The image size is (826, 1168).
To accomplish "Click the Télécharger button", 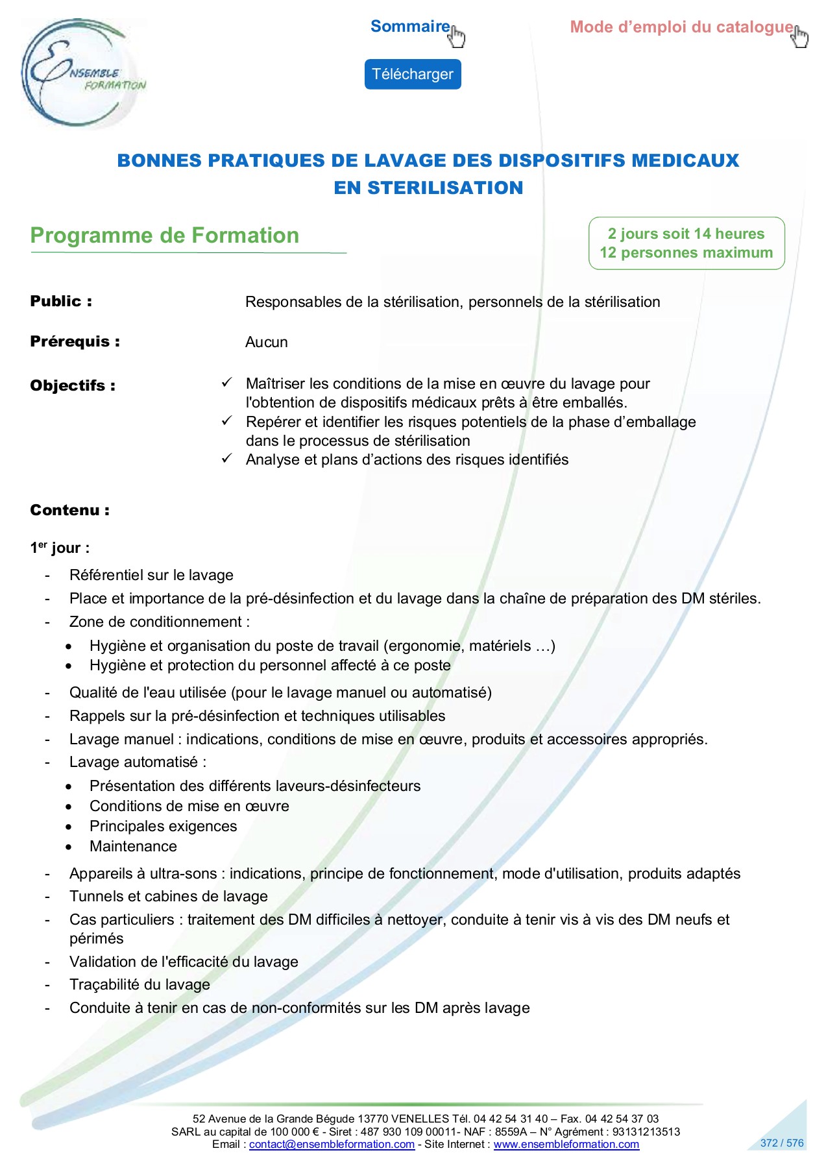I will coord(412,75).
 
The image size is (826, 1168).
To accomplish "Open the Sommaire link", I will coord(410,27).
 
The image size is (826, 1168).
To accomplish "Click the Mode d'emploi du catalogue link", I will coord(681,27).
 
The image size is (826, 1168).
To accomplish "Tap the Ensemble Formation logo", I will coord(82,73).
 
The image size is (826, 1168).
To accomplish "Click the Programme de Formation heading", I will coord(165,236).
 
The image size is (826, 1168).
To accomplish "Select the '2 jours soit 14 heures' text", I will coord(686,234).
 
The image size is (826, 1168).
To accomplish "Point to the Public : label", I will coord(61,301).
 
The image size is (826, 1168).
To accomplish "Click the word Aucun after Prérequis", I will coord(266,342).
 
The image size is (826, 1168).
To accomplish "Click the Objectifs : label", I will coord(73,385).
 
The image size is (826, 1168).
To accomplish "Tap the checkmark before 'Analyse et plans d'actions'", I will coord(226,458).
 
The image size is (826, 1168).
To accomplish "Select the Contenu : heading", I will coord(69,510).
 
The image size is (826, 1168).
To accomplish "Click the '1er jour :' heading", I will coord(60,548).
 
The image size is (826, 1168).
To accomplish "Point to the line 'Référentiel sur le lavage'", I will coord(151,575).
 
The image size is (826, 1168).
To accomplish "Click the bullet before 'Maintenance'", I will coord(69,847).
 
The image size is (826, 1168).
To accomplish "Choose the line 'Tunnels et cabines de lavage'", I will coord(169,896).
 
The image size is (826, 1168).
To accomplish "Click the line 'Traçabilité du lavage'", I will coord(140,984).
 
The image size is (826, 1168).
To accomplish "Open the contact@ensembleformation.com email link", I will coord(332,1144).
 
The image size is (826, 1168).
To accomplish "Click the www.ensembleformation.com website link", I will coord(566,1144).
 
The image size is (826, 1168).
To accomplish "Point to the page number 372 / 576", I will coord(781,1143).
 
